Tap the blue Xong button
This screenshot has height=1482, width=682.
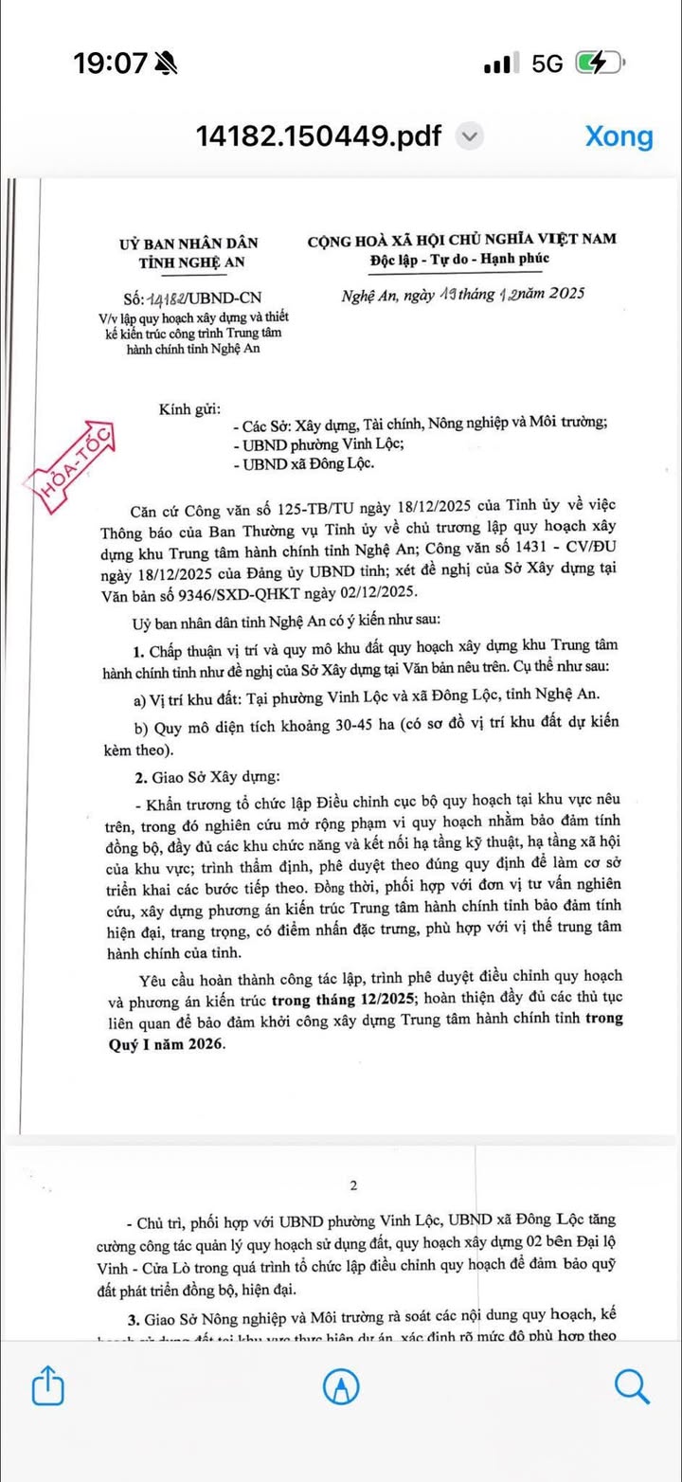619,136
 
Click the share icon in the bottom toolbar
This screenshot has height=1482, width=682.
47,1387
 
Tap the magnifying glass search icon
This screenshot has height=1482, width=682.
631,1386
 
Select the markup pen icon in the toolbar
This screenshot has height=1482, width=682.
341,1387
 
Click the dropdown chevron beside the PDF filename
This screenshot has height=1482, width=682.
471,136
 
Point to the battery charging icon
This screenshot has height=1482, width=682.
600,63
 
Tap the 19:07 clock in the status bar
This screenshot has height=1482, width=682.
111,63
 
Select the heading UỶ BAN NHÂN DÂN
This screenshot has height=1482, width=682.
188,244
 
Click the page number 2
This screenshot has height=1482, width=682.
353,1185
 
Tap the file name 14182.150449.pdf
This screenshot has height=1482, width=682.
318,136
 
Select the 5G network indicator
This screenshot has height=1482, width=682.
547,63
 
